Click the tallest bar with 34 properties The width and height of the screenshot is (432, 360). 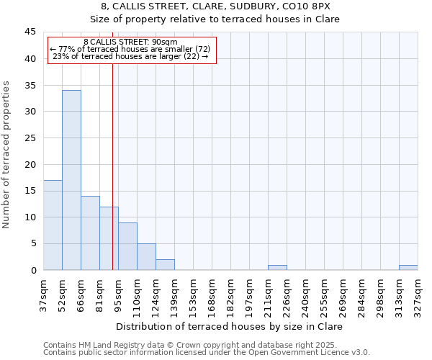pos(71,180)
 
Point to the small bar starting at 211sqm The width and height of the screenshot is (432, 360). pos(277,268)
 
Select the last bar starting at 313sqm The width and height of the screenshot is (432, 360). pos(408,268)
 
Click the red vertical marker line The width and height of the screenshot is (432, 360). pos(112,180)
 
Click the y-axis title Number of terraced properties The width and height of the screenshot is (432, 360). pos(7,155)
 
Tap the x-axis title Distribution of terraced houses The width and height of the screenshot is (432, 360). pos(229,326)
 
